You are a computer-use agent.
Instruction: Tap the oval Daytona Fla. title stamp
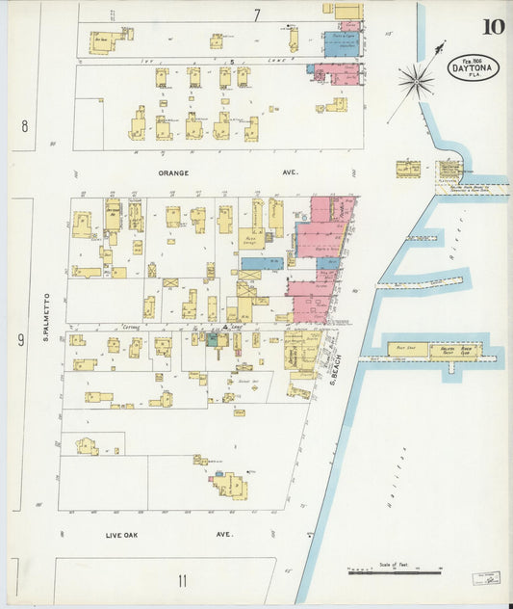473,67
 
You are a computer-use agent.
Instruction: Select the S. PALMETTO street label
45,319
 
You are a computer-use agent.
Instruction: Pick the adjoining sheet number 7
257,14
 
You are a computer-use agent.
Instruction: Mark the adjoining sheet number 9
19,338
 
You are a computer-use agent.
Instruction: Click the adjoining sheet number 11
181,580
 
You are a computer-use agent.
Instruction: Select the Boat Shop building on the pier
407,350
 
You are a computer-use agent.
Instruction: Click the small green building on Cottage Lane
211,339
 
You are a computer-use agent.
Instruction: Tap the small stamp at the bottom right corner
486,578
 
